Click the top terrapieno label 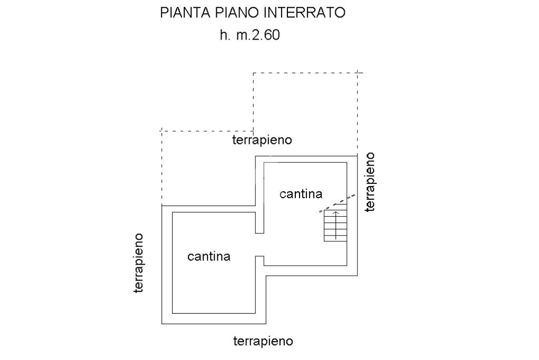pyautogui.click(x=262, y=140)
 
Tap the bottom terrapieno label pyautogui.click(x=263, y=341)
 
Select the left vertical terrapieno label pyautogui.click(x=138, y=262)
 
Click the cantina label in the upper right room pyautogui.click(x=301, y=194)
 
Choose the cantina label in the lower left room pyautogui.click(x=209, y=257)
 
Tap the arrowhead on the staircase pyautogui.click(x=336, y=213)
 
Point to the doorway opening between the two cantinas pyautogui.click(x=259, y=245)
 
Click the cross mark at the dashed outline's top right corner pyautogui.click(x=357, y=73)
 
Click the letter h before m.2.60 pyautogui.click(x=223, y=36)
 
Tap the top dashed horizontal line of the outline pyautogui.click(x=305, y=73)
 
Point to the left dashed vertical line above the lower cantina pyautogui.click(x=161, y=168)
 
